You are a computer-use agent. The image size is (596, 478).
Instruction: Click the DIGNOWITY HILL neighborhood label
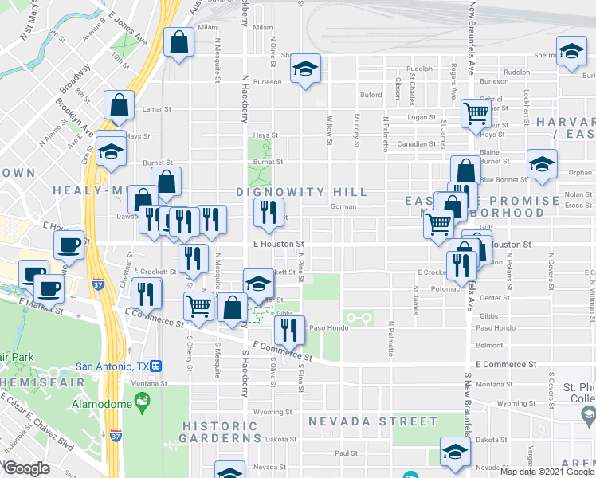pos(302,193)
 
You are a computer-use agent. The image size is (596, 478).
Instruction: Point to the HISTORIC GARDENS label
pos(221,432)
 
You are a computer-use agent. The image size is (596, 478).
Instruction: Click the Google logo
pos(26,468)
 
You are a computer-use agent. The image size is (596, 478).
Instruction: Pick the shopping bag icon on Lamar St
pos(119,106)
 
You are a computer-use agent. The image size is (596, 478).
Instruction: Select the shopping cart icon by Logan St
pos(476,113)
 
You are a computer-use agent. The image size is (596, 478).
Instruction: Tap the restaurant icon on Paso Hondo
pos(289,329)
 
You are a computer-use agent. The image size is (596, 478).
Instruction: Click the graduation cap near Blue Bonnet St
pos(542,164)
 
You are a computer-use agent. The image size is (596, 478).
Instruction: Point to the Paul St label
pos(347,453)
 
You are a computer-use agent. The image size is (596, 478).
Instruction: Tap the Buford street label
pos(371,95)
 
